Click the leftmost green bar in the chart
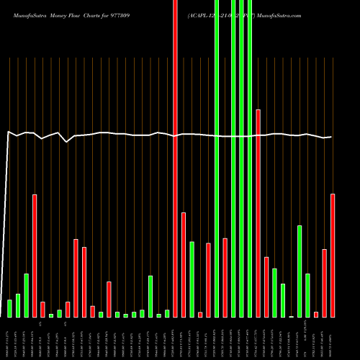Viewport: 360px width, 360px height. (9, 308)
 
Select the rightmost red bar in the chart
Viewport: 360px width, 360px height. (333, 255)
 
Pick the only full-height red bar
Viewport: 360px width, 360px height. (175, 158)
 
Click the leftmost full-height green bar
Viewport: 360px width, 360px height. (217, 158)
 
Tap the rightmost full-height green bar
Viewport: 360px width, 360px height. (250, 158)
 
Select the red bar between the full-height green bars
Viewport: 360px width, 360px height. (225, 277)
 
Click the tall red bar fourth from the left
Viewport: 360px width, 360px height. (35, 256)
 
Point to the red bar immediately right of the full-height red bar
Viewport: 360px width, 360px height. (184, 264)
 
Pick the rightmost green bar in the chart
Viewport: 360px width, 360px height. (307, 295)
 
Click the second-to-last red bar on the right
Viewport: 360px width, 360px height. (324, 283)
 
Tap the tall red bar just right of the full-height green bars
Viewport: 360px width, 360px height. (258, 213)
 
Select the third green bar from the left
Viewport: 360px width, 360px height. (26, 295)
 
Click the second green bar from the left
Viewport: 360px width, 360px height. (18, 305)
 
